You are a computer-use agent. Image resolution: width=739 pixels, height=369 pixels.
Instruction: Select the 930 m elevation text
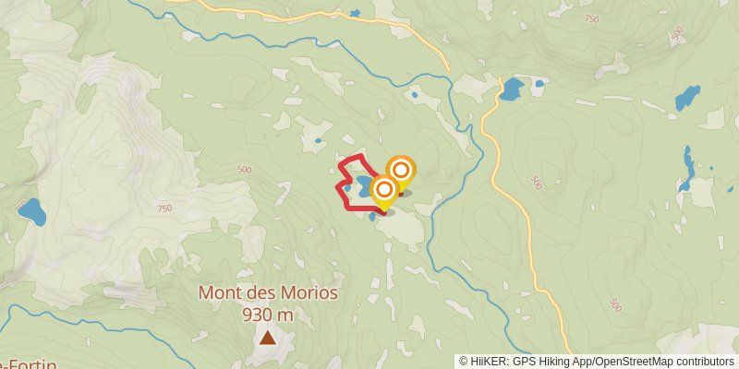(x=268, y=315)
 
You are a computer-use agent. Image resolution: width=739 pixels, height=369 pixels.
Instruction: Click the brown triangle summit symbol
(x=267, y=338)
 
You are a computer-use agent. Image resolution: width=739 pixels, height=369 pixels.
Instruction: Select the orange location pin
(x=401, y=171)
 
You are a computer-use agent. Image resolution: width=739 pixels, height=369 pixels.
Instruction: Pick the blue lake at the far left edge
(x=32, y=212)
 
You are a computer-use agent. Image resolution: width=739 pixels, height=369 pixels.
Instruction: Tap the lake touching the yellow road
(x=511, y=89)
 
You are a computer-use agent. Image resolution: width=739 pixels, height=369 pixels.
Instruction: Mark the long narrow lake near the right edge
(x=687, y=166)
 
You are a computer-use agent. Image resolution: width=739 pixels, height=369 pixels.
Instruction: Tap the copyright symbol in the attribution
(x=464, y=362)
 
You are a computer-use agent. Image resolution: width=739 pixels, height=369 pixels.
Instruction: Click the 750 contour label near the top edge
(x=592, y=19)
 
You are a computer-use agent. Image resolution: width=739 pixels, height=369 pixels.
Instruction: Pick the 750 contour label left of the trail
(x=164, y=208)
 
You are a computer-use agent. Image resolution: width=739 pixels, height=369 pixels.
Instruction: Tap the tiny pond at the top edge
(x=355, y=13)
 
